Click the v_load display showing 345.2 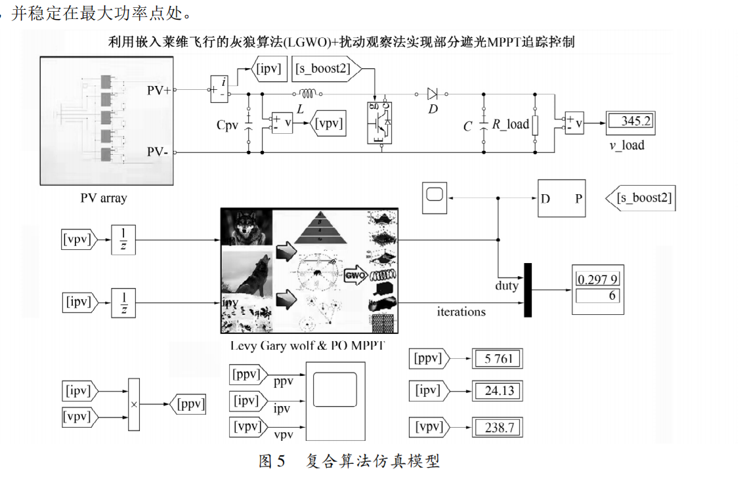coord(630,122)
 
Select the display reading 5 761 coord(498,359)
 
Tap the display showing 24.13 coord(498,391)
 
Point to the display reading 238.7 coord(498,427)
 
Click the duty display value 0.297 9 coord(598,280)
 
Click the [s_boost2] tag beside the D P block coord(643,197)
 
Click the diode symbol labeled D coord(432,93)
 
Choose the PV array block coord(107,122)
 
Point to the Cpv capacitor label coord(228,125)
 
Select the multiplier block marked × coord(134,404)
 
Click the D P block coord(562,197)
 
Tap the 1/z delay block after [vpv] coord(123,240)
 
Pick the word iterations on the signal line coord(462,312)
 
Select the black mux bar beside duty coord(528,290)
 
